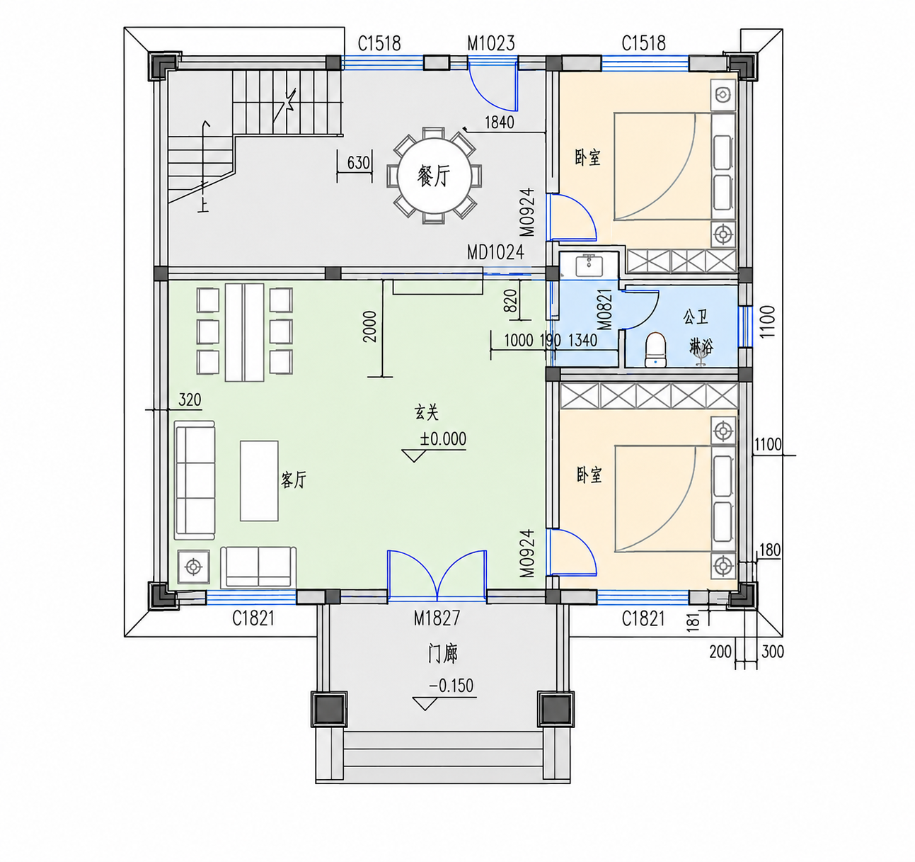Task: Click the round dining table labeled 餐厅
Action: (x=434, y=176)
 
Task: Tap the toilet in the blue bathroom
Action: (x=655, y=351)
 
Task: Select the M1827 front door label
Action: (x=437, y=618)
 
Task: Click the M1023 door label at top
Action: (x=490, y=43)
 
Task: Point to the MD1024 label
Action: (x=495, y=252)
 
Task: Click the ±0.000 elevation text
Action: (x=443, y=438)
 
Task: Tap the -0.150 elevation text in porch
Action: (x=451, y=686)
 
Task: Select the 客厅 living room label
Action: (x=294, y=480)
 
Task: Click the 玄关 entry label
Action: (x=426, y=412)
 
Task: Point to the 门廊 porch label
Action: (x=442, y=654)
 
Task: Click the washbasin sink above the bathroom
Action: (x=588, y=266)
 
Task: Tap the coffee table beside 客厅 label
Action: (x=259, y=480)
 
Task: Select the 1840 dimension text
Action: (x=500, y=123)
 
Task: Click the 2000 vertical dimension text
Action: (x=369, y=327)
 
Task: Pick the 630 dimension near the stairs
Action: (x=359, y=163)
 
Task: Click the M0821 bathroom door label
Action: (x=604, y=310)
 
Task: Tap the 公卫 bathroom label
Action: (x=696, y=317)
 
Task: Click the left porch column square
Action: (x=329, y=709)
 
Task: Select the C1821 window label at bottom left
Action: (x=253, y=618)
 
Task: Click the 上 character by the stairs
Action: (x=203, y=205)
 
